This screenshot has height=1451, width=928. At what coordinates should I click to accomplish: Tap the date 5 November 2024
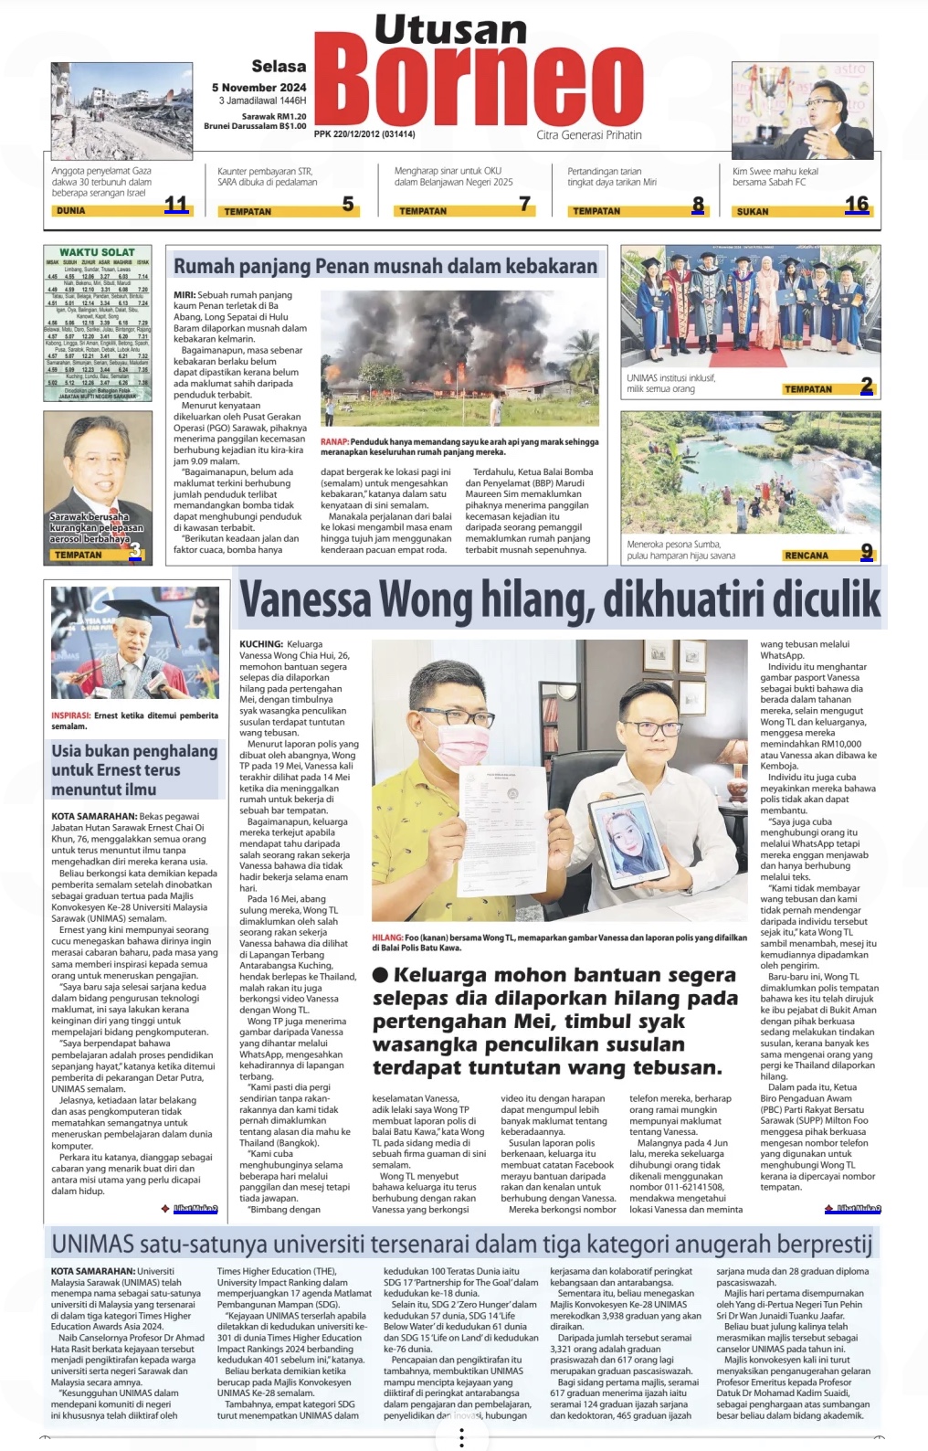[259, 88]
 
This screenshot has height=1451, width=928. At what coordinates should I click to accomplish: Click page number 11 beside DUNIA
[175, 206]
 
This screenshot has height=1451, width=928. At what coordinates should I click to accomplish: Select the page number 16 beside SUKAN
[857, 205]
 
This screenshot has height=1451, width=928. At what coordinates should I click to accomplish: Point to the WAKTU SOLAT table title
[97, 252]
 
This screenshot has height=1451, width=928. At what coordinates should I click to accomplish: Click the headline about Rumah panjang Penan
[385, 267]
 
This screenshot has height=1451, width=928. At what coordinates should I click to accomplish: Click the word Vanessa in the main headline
[305, 599]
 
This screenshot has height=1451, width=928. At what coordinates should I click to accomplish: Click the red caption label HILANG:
[387, 937]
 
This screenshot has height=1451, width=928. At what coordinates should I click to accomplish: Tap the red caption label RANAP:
[334, 442]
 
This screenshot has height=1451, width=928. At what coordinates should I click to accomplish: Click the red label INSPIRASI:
[70, 715]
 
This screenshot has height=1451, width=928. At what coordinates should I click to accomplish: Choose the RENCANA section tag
[807, 556]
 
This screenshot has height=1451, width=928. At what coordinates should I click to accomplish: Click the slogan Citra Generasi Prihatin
[589, 135]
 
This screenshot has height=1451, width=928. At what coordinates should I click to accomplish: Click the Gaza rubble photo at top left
[121, 110]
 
